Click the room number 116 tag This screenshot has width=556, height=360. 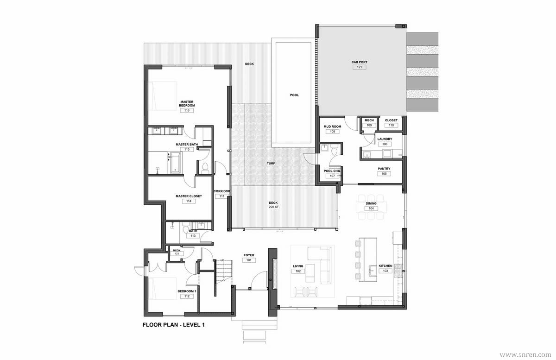click(x=187, y=110)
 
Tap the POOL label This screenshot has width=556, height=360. click(x=294, y=95)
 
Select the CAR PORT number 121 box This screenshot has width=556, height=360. click(x=360, y=67)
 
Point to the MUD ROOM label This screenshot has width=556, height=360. click(x=332, y=126)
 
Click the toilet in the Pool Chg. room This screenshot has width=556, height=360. click(x=334, y=151)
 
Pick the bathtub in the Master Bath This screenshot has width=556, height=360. click(x=176, y=162)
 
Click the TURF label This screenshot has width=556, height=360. click(x=271, y=164)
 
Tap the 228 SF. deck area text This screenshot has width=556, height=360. click(x=274, y=207)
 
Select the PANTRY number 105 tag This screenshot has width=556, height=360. click(x=384, y=174)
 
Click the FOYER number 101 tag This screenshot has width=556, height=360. click(x=249, y=260)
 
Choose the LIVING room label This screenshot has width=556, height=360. click(x=298, y=266)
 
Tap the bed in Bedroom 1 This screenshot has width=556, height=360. click(x=163, y=289)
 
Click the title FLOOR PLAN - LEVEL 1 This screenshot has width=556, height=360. click(x=174, y=325)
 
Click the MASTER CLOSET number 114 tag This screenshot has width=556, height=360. click(x=189, y=201)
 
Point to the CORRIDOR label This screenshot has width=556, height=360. click(x=222, y=191)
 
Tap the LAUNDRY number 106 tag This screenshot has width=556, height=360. click(x=385, y=144)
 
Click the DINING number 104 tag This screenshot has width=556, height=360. click(x=371, y=208)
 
